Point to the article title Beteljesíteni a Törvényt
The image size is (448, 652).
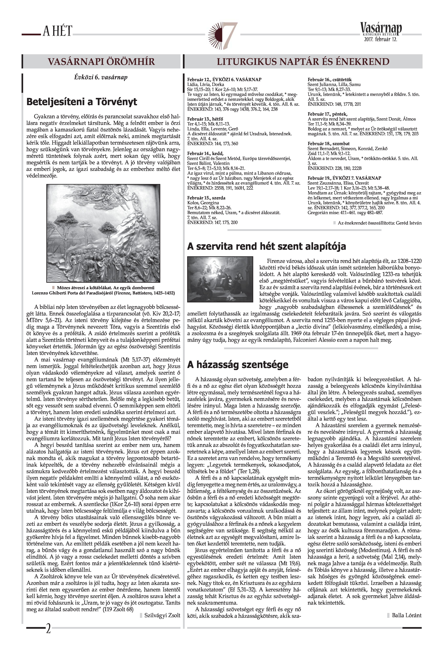(x=82, y=101)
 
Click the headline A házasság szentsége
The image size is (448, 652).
(x=237, y=364)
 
